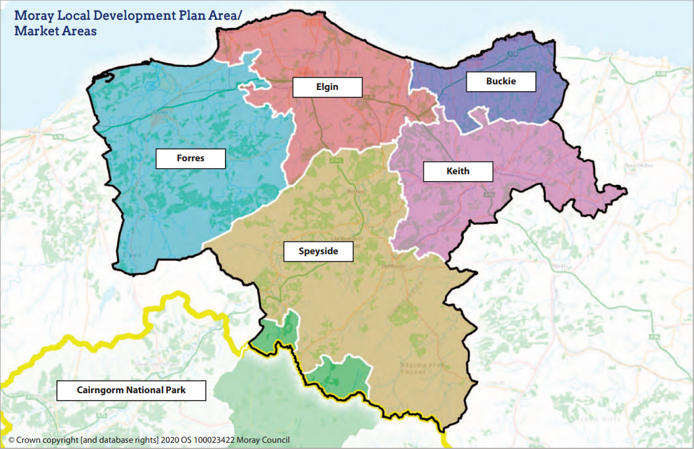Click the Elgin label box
click(327, 87)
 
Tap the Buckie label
click(501, 81)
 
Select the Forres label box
click(190, 158)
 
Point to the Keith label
click(458, 171)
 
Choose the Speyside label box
click(318, 251)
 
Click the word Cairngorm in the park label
click(100, 391)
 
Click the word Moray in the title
click(32, 16)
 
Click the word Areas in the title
click(77, 30)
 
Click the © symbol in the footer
click(11, 439)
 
